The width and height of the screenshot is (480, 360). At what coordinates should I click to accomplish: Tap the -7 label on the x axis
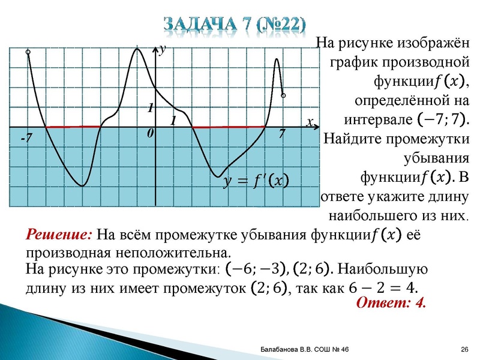pos(26,139)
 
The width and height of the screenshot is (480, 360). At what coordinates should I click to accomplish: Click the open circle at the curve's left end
pos(28,53)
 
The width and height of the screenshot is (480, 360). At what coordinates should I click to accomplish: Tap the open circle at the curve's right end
pos(284,95)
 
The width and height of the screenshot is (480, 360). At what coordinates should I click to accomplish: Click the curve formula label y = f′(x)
pos(255,180)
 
